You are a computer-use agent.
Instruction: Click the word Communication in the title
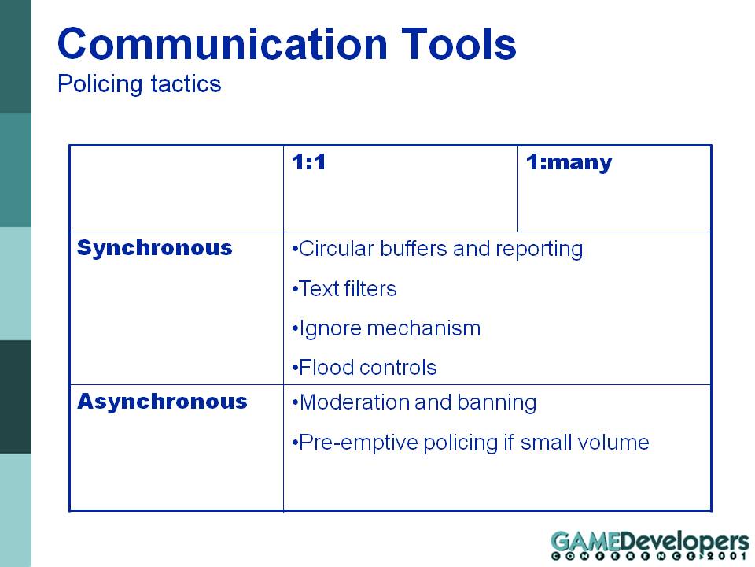[223, 44]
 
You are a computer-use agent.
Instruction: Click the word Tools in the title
[459, 44]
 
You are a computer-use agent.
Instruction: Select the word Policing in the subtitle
[100, 84]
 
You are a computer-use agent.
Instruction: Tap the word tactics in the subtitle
[186, 84]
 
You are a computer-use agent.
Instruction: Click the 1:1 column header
[308, 162]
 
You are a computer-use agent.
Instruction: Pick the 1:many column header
[569, 162]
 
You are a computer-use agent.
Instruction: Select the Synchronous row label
[155, 248]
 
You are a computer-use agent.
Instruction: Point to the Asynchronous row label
[162, 401]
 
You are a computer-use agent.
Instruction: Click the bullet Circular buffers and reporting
[437, 250]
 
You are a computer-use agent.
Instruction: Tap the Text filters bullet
[344, 289]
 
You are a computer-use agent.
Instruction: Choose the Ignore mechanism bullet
[386, 329]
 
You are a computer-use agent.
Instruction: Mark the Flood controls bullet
[364, 368]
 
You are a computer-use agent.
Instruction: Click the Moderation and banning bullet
[414, 403]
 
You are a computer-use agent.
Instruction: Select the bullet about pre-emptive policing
[470, 443]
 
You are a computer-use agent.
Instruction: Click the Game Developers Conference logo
[650, 545]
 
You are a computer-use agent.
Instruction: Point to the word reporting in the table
[540, 250]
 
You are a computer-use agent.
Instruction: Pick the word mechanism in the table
[424, 329]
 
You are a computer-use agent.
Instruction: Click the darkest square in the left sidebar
[16, 397]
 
